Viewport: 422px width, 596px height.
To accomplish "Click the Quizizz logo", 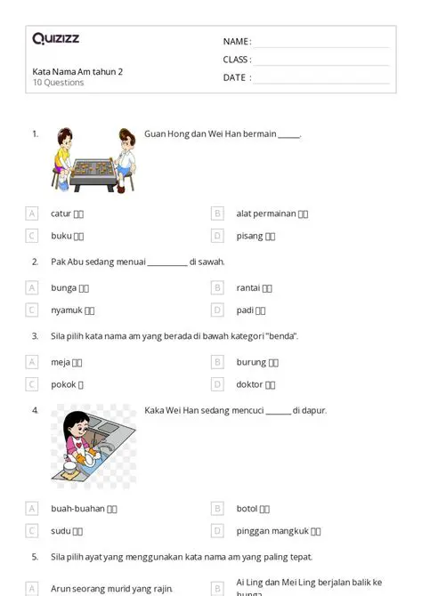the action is click(56, 39).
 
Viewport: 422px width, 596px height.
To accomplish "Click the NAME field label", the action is click(236, 42).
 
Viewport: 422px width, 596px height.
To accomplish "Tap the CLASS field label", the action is click(237, 60).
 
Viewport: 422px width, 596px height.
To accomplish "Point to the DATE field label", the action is click(236, 77).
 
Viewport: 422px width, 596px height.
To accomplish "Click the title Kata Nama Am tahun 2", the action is click(77, 72).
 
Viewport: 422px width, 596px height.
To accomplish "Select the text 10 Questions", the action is click(58, 83).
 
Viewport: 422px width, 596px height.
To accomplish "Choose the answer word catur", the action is click(61, 213).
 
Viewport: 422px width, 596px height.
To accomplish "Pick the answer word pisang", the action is click(249, 236).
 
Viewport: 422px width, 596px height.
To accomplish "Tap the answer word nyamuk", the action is click(66, 310).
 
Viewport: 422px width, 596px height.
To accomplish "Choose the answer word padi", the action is click(245, 310).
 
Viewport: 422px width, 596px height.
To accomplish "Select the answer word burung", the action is click(251, 362).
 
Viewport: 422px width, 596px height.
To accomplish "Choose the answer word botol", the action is click(247, 509).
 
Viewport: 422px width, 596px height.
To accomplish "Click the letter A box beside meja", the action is click(32, 362).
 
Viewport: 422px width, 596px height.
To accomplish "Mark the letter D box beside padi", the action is click(217, 310).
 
